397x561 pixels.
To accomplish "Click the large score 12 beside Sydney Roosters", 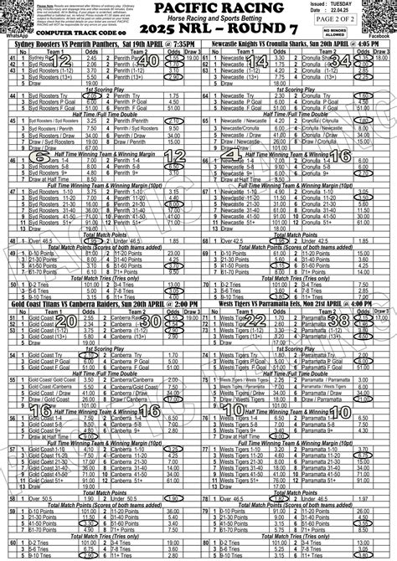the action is point(60,61).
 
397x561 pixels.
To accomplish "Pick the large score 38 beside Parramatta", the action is point(338,322).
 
